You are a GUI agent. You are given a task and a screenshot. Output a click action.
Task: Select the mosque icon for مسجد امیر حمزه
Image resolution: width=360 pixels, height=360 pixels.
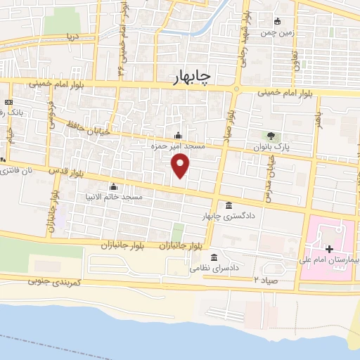tap(177, 135)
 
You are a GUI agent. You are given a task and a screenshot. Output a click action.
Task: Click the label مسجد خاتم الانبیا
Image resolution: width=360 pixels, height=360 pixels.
tap(113, 198)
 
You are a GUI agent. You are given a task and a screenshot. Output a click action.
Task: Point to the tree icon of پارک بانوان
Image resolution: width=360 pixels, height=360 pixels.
tap(269, 135)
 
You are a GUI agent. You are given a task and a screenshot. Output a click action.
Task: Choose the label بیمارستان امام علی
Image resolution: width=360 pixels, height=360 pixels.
tap(331, 259)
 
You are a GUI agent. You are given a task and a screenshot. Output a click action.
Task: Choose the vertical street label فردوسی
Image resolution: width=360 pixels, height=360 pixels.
tap(51, 113)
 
